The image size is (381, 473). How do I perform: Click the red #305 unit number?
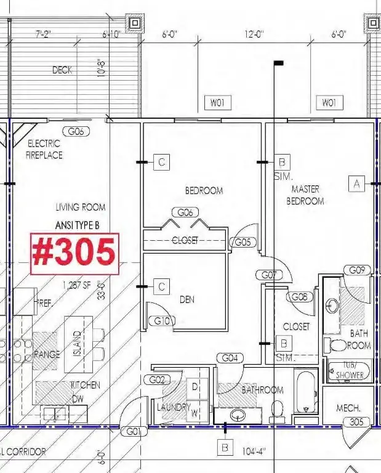pos(74,253)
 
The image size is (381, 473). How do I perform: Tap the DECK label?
pos(62,70)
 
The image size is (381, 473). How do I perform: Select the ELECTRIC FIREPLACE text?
pos(44,149)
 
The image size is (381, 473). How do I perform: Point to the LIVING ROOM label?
pos(80,207)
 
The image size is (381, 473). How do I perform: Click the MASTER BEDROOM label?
pos(308,195)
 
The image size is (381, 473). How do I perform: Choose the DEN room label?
pos(187,300)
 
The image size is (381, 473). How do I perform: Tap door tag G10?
pos(163,321)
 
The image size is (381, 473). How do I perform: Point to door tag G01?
pos(134,431)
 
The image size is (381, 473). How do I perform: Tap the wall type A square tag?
pos(356,182)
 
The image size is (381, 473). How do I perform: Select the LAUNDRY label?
pos(169,407)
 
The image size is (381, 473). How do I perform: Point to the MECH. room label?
pos(348,408)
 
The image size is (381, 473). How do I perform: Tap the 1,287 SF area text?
pos(76,285)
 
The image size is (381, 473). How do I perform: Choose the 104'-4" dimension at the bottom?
pos(254,451)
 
